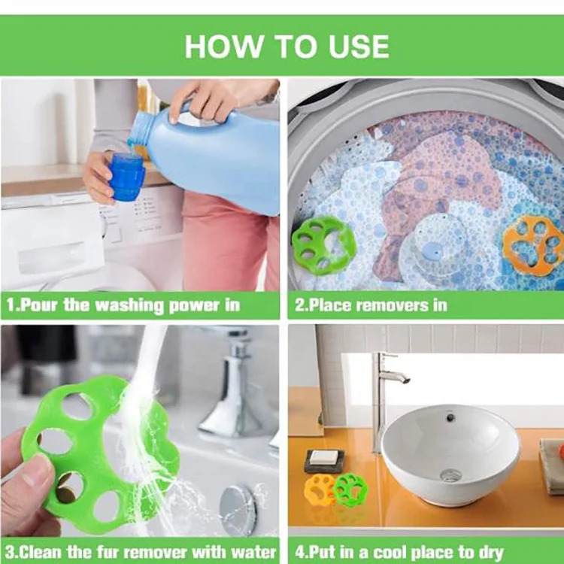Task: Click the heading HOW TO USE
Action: pos(287,47)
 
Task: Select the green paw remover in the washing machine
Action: pos(323,245)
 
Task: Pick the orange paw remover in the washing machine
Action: pos(533,245)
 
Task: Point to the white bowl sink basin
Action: pos(450,454)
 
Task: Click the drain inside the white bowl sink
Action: pos(450,475)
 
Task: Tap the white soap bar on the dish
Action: pos(324,457)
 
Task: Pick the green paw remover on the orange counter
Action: pos(350,489)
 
